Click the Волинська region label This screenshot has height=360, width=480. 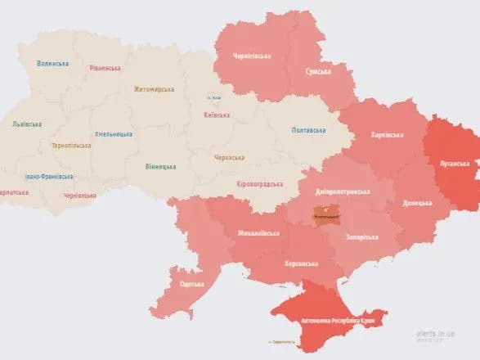tap(53, 63)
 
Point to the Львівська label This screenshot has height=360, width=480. tap(27, 124)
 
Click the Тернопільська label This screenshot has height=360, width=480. tap(71, 146)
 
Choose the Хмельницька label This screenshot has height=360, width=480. tap(114, 133)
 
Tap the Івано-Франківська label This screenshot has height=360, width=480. tap(49, 176)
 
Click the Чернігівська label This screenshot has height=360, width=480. tap(252, 56)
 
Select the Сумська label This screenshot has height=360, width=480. tap(320, 71)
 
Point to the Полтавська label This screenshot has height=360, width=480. tap(308, 130)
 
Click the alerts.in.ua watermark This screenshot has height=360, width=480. tap(437, 334)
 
